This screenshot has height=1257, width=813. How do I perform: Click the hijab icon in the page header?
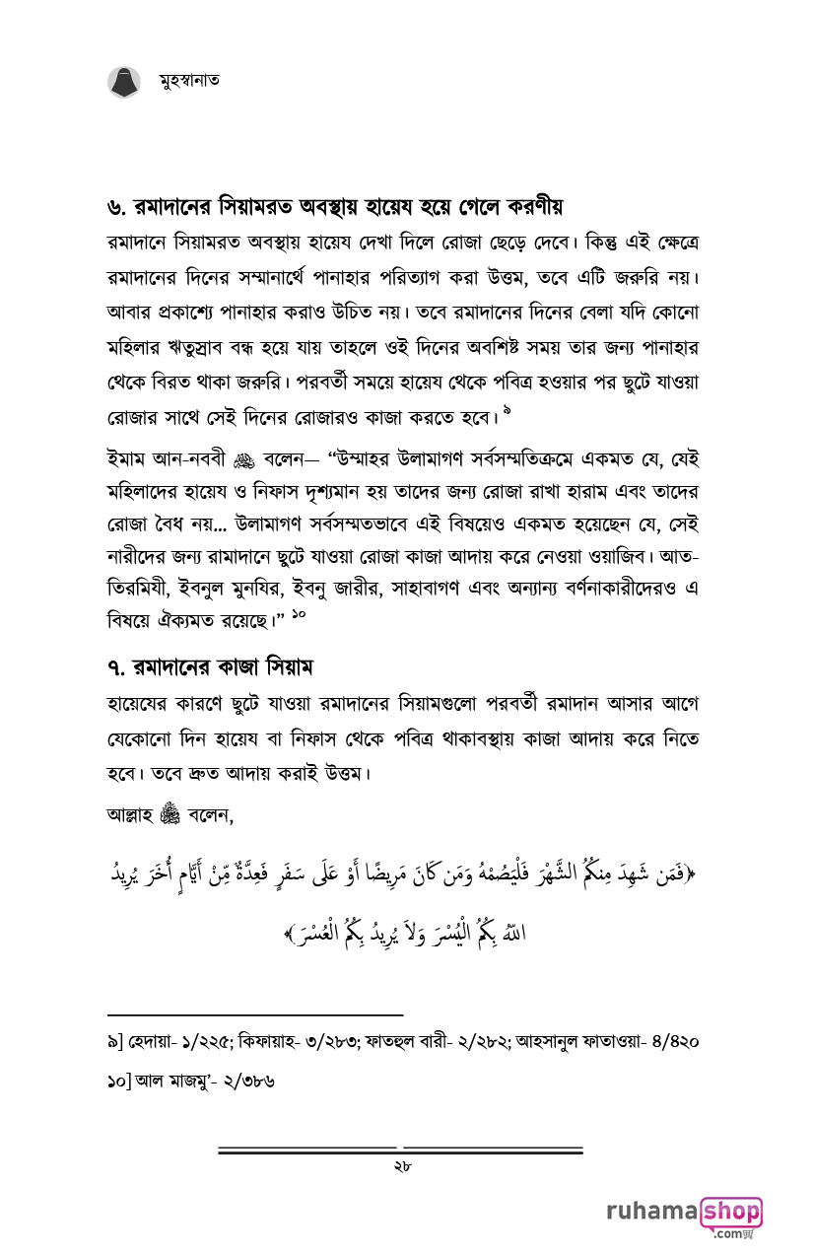tap(124, 81)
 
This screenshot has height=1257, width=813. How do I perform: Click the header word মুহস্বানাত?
tap(188, 81)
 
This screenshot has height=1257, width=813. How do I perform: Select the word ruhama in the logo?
tap(651, 1212)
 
